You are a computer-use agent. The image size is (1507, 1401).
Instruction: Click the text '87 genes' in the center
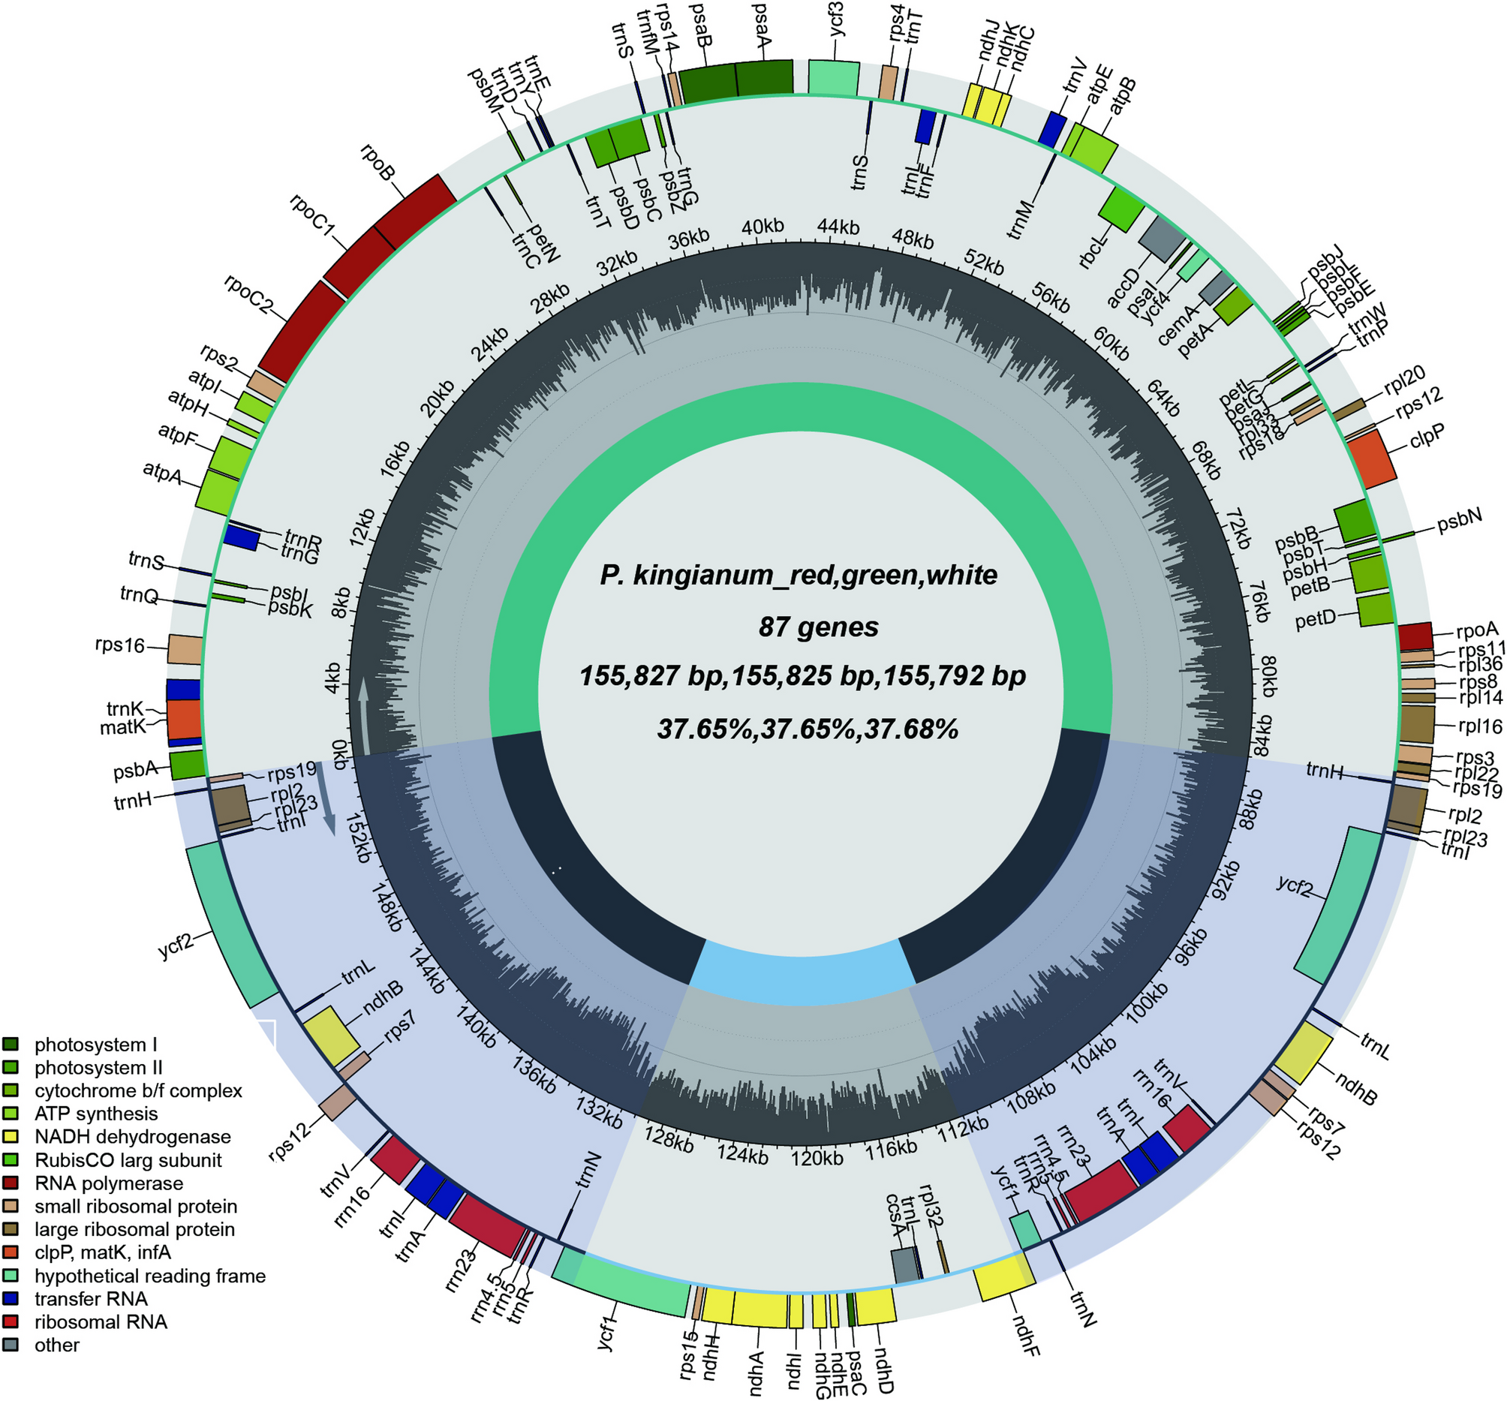click(818, 627)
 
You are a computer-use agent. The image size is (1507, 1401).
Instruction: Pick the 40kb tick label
click(763, 226)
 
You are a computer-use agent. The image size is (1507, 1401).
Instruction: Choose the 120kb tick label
click(817, 1159)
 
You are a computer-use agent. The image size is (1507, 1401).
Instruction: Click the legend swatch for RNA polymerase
click(11, 1183)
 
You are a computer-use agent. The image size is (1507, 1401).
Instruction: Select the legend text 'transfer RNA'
click(91, 1300)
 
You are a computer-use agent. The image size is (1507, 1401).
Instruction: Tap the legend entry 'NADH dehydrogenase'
click(133, 1137)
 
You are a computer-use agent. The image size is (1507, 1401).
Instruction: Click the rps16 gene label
click(119, 645)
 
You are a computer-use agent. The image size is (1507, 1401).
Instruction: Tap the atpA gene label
click(162, 473)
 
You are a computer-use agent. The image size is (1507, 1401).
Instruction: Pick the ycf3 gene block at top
click(834, 78)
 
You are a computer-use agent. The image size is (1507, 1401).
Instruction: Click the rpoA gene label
click(1477, 630)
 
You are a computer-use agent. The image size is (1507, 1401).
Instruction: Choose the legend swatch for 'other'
click(11, 1345)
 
